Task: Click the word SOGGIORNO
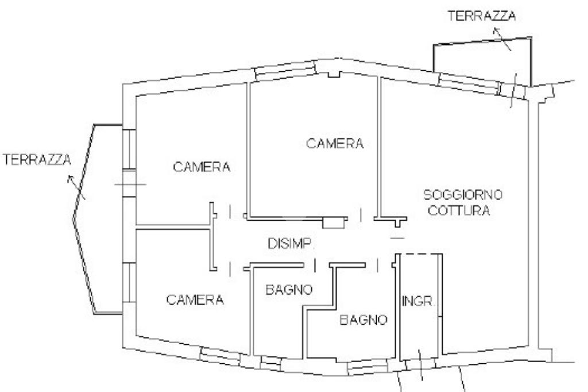click(x=463, y=194)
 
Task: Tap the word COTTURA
click(x=459, y=210)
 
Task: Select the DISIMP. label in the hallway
click(x=290, y=244)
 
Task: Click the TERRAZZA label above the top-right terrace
click(x=482, y=16)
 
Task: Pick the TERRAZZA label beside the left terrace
click(x=37, y=160)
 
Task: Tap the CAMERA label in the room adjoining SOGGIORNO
click(x=335, y=143)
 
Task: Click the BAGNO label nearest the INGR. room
click(x=363, y=320)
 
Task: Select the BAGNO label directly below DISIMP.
click(x=289, y=290)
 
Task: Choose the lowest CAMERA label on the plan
click(x=195, y=299)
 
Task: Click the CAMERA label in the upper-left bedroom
click(x=202, y=167)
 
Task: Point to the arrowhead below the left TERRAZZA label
click(x=70, y=179)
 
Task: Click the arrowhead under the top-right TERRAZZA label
click(x=496, y=31)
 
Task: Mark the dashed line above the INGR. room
click(x=421, y=254)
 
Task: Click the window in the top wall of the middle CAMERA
click(x=285, y=71)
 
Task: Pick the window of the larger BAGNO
click(x=367, y=367)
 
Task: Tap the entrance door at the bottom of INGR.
click(x=421, y=363)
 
